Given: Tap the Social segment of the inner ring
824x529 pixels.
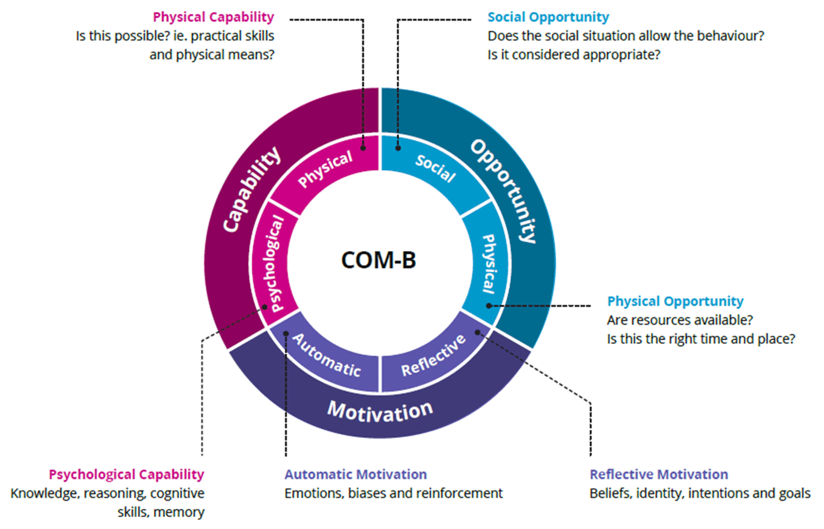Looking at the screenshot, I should [x=435, y=168].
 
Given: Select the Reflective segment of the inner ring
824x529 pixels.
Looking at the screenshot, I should [x=434, y=357].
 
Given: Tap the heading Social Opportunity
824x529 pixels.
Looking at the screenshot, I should [x=548, y=17].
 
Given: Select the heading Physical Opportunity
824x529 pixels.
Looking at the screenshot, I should [x=675, y=301].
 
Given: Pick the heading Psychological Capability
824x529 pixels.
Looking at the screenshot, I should [x=126, y=474].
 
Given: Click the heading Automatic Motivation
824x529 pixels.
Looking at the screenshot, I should [x=355, y=474].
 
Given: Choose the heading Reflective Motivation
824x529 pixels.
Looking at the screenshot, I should [x=658, y=474].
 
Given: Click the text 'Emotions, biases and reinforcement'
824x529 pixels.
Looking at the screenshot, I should [x=394, y=493].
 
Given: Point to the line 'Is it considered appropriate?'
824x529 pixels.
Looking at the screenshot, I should [x=573, y=54].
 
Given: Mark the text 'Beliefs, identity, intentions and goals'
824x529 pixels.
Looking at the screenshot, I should [x=700, y=493].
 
